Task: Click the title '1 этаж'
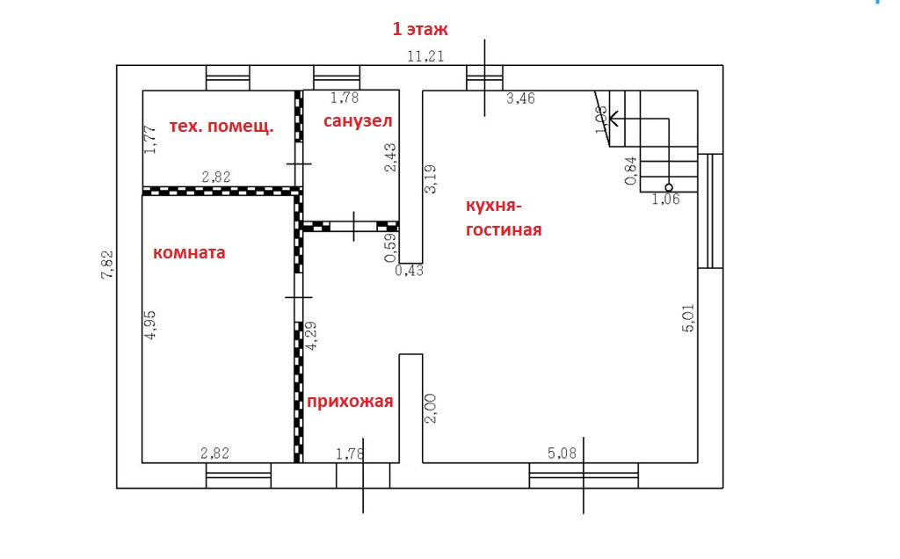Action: (x=420, y=29)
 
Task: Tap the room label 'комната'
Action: (x=189, y=253)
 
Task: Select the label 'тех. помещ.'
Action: (x=221, y=126)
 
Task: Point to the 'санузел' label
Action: (x=358, y=120)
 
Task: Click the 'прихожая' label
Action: (x=350, y=402)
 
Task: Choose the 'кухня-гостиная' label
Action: (x=504, y=218)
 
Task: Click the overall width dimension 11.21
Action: (x=425, y=56)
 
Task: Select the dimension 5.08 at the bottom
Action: (x=562, y=454)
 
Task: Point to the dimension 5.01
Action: (x=688, y=317)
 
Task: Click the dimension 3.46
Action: (x=520, y=98)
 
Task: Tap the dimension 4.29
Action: (x=309, y=336)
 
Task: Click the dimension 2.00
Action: (x=431, y=408)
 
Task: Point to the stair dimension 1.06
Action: (x=665, y=200)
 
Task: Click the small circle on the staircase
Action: (x=669, y=187)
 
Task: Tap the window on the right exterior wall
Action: (x=710, y=211)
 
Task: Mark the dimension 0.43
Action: (x=409, y=271)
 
